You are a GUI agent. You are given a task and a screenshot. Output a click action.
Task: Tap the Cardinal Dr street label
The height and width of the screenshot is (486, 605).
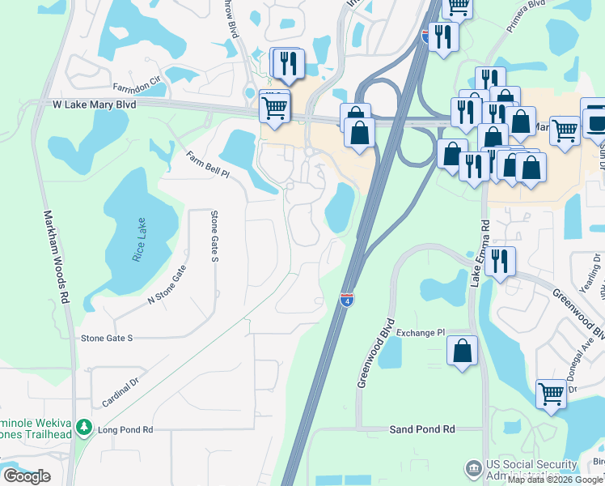point(121,390)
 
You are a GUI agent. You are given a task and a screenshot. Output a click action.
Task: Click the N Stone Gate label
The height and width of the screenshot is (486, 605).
point(167,285)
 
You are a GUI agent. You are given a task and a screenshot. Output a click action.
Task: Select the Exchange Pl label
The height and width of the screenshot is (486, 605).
point(421,333)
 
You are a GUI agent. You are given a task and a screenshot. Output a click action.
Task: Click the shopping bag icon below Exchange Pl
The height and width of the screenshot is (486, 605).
point(462,351)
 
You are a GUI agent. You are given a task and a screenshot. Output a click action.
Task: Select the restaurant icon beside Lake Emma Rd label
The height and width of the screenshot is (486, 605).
point(501,262)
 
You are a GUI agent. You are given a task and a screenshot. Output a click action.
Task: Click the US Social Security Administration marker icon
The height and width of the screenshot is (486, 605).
point(473,468)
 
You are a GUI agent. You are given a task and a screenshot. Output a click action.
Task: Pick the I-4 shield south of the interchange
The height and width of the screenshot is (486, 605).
point(346,300)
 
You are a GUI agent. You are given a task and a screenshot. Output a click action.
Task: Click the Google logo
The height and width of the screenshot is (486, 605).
point(27,476)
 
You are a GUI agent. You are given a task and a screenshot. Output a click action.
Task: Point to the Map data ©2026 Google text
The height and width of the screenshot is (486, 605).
point(555,480)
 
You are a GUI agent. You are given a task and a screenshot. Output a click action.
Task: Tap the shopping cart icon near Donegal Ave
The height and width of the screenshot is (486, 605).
point(551,394)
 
